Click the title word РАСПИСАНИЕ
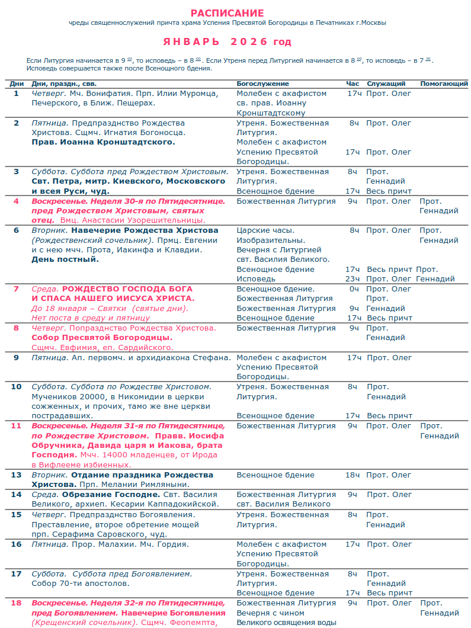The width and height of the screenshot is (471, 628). [228, 13]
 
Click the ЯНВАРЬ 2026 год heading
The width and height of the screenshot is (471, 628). [228, 42]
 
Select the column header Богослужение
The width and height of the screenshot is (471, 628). [262, 84]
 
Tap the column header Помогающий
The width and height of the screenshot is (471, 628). [444, 84]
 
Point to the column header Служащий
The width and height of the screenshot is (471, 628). [386, 84]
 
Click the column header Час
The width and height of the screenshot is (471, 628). [353, 84]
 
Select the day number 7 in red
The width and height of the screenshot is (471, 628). [17, 289]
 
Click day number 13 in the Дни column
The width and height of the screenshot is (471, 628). [17, 475]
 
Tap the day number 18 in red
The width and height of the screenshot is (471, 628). [17, 603]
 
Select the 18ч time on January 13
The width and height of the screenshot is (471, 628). [353, 475]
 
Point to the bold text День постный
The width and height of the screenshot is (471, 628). [65, 259]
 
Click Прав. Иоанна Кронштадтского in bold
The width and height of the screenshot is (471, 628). [103, 142]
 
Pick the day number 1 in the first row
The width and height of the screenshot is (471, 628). [17, 94]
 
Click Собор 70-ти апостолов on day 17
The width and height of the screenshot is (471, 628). [80, 584]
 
